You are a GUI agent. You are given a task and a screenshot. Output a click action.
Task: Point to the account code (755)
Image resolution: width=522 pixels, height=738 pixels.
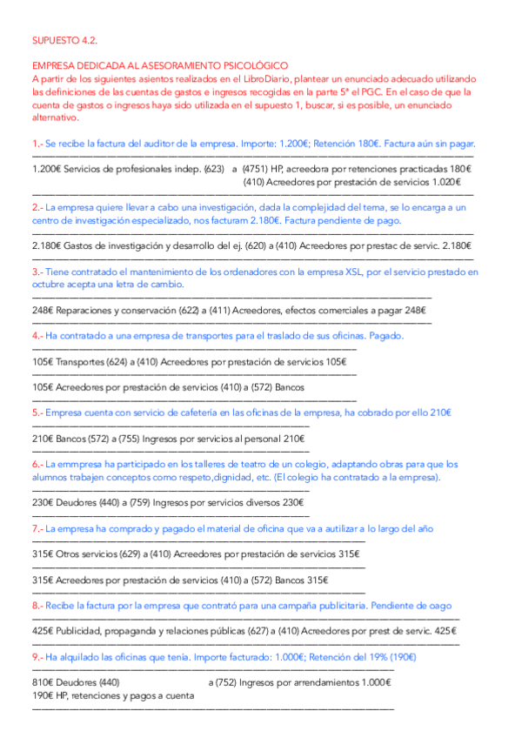[x=127, y=439]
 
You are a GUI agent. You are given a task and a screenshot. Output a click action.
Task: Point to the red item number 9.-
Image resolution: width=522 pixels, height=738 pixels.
[x=37, y=657]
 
